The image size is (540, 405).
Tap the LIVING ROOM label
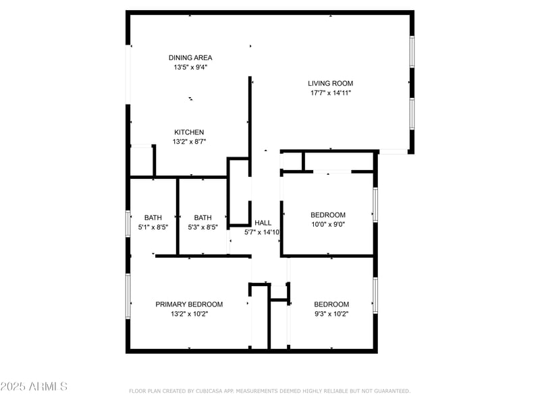[331, 84]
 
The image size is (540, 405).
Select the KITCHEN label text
[189, 132]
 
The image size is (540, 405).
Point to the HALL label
[263, 223]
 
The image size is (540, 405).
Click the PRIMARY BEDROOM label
[189, 304]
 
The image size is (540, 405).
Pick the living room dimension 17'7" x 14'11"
[331, 93]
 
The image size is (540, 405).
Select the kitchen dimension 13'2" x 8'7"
[189, 142]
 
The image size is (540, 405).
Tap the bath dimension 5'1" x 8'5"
[153, 227]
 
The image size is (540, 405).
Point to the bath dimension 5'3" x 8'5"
[202, 227]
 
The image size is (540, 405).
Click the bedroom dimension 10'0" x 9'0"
[328, 225]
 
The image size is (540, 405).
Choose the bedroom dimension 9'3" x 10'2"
[331, 314]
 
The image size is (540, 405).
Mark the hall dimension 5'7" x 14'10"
[263, 232]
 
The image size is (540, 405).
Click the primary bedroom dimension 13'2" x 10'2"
[189, 314]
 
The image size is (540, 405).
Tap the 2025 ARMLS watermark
[34, 387]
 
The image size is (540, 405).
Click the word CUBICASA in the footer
[211, 391]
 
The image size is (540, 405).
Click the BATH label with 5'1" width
[153, 217]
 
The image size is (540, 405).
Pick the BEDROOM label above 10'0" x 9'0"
[328, 215]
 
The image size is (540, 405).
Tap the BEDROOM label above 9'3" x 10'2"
[331, 304]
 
